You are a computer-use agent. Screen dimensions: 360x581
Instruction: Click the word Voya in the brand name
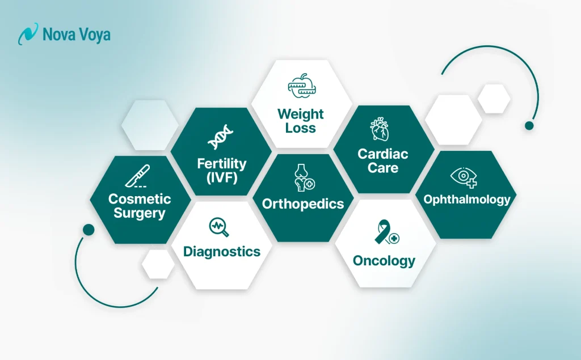click(92, 35)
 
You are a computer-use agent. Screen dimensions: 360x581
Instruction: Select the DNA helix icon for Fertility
click(221, 138)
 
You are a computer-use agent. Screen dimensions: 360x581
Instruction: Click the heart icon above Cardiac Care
click(379, 129)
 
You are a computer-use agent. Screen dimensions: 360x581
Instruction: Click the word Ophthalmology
click(466, 200)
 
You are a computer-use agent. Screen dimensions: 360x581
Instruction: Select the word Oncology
click(384, 261)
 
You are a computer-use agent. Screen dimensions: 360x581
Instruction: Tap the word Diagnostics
click(221, 252)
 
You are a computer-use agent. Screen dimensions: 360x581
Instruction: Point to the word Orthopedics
click(303, 204)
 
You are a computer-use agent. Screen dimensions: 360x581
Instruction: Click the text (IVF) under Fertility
click(222, 177)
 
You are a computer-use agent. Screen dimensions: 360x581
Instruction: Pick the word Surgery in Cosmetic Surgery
click(140, 213)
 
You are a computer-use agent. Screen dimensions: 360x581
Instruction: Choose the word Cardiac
click(382, 154)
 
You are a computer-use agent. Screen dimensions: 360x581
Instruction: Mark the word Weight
click(300, 114)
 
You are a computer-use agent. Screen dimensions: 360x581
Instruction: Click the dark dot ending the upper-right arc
click(529, 125)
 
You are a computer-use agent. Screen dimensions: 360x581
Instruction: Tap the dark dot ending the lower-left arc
click(88, 230)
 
